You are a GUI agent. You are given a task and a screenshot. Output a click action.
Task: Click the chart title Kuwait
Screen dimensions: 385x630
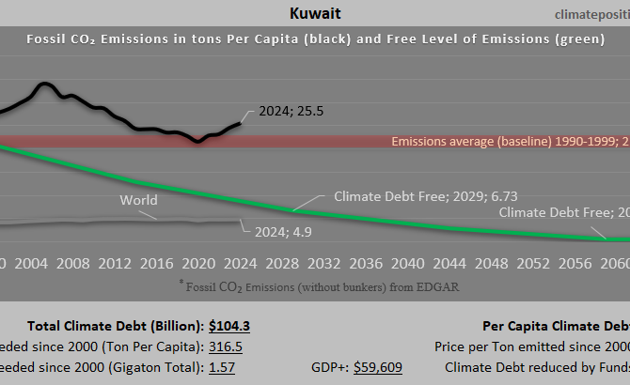[314, 15]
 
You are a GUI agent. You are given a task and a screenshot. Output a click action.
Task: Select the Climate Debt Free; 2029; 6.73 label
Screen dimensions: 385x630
[426, 197]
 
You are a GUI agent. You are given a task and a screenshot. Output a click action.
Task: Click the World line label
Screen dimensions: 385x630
[138, 200]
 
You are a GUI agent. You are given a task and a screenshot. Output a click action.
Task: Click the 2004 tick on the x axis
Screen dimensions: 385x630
[32, 262]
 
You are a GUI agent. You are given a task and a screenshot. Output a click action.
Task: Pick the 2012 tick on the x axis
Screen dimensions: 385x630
[115, 262]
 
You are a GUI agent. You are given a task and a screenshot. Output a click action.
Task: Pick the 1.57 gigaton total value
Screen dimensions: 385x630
[223, 367]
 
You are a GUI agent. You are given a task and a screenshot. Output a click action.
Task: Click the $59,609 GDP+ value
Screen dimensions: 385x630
[378, 367]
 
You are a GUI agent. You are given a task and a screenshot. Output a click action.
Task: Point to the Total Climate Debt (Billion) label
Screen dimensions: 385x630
[115, 326]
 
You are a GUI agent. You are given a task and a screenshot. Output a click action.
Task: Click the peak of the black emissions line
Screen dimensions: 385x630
[43, 85]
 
